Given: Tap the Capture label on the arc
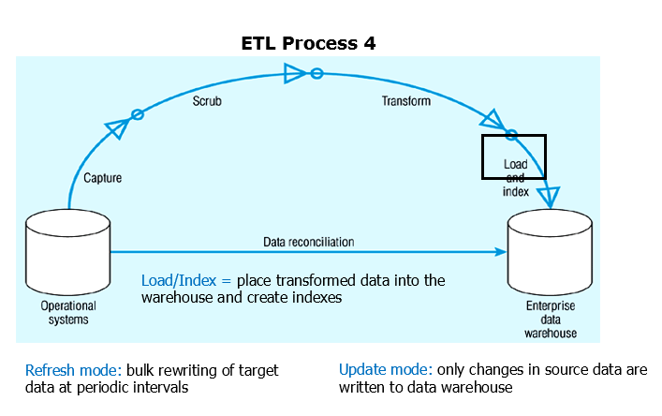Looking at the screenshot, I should (102, 177).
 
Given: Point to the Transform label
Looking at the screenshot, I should (404, 100).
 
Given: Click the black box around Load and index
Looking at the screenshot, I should (513, 156).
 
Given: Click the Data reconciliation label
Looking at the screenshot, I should (308, 242).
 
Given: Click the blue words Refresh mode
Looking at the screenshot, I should (63, 370).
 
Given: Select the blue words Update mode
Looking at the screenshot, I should (383, 370).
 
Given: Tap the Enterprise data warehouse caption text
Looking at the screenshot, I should (550, 319).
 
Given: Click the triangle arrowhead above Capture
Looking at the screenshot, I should (117, 126).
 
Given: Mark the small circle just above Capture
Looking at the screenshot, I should (137, 114).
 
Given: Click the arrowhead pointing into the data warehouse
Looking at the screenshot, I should (550, 198).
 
